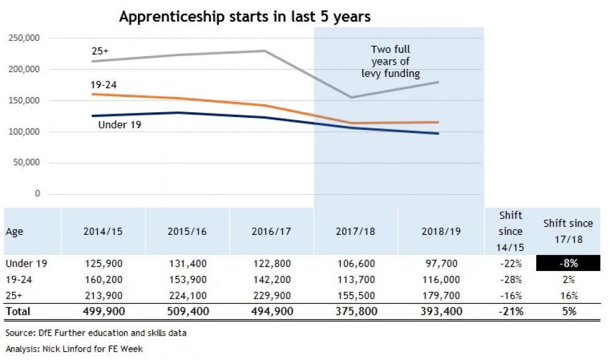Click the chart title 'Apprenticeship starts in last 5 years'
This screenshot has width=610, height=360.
245,17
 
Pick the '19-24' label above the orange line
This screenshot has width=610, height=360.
101,85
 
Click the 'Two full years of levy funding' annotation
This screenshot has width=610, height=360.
390,62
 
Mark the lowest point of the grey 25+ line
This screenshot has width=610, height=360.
351,97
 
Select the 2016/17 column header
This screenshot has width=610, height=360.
271,232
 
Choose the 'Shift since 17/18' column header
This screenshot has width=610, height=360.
568,231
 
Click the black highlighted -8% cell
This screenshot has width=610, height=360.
568,264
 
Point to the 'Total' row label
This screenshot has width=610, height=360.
18,312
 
